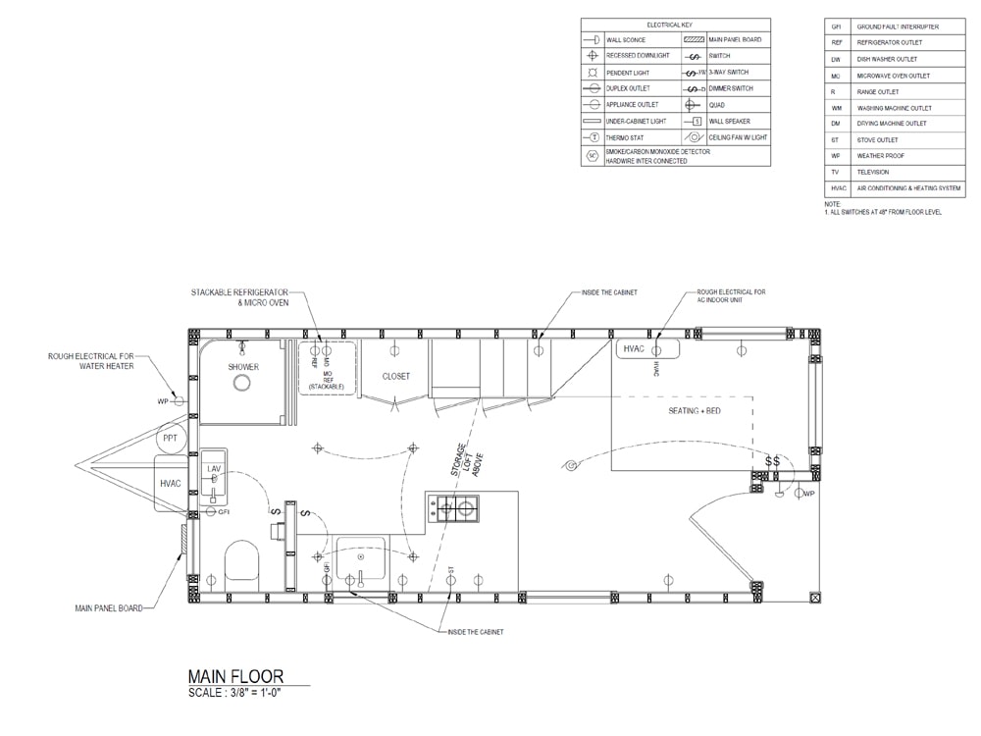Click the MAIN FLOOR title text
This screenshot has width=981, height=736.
235,676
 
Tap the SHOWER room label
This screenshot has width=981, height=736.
243,367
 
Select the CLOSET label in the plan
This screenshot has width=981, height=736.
395,376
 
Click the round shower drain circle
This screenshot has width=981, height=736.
241,384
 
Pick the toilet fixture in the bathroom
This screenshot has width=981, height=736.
241,562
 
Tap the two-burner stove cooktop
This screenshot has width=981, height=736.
457,507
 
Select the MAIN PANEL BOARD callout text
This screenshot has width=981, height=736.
108,608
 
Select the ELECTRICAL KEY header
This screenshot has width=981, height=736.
675,24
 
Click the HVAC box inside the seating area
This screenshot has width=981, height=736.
633,349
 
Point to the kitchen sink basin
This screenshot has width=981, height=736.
362,560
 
